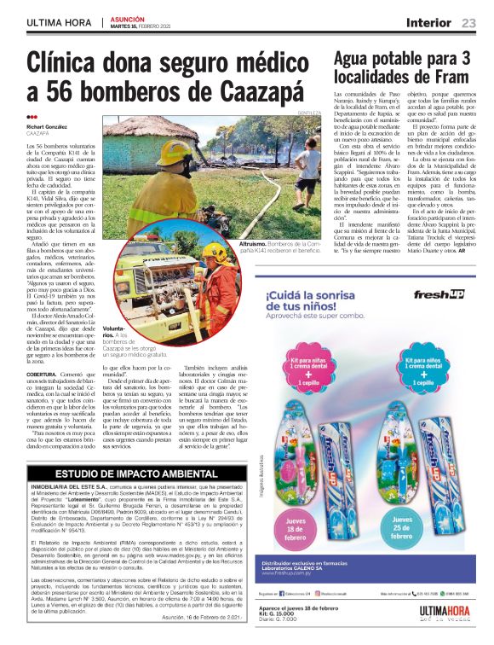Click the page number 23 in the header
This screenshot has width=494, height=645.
coord(468,23)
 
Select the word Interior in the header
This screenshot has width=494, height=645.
coord(428,23)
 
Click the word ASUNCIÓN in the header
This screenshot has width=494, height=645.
coord(128,19)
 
